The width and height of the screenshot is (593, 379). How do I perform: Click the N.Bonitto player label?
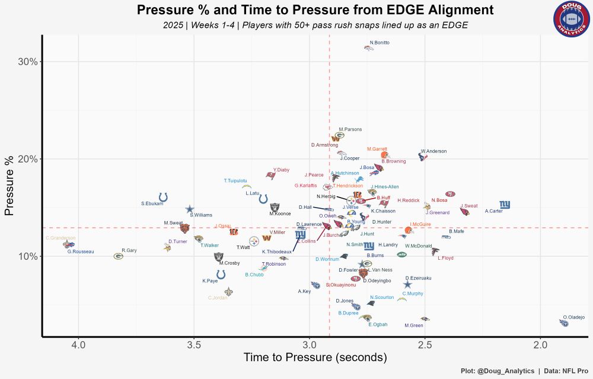click(x=380, y=43)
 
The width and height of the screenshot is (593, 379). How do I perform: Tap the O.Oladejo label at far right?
click(x=573, y=317)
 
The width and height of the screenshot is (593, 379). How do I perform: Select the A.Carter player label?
click(x=493, y=211)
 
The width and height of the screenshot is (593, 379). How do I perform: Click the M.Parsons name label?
click(x=350, y=129)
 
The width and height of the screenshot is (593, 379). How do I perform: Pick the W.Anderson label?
click(x=433, y=151)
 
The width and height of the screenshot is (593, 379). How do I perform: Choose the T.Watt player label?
click(x=243, y=247)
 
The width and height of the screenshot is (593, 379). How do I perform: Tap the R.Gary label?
click(x=129, y=250)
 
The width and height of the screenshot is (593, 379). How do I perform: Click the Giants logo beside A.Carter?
click(x=505, y=205)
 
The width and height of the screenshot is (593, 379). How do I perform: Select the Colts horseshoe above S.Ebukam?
click(x=164, y=197)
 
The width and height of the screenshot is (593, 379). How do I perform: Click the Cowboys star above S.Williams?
click(x=190, y=209)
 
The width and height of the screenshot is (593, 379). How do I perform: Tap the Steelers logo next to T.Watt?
click(x=254, y=241)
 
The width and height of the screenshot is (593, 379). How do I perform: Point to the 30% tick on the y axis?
click(x=30, y=62)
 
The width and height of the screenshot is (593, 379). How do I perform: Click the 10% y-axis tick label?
click(x=30, y=256)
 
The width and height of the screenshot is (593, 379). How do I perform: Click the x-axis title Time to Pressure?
click(x=315, y=358)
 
